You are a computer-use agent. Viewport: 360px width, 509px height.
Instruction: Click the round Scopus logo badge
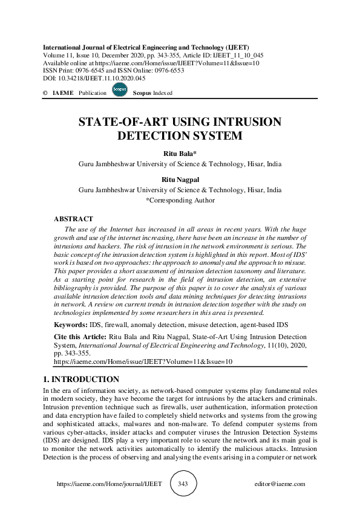click(119, 90)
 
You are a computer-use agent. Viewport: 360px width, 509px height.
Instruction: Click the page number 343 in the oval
click(184, 484)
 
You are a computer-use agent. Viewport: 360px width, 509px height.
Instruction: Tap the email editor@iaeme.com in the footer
click(280, 484)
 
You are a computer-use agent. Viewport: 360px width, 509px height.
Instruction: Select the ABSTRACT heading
click(73, 219)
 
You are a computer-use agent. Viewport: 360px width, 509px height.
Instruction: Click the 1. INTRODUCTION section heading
click(80, 380)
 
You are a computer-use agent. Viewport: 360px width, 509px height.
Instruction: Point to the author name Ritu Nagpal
click(180, 180)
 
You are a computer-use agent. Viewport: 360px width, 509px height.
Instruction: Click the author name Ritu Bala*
click(180, 154)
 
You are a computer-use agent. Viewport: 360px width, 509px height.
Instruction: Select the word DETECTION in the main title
click(150, 136)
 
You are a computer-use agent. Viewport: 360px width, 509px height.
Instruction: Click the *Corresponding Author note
click(180, 200)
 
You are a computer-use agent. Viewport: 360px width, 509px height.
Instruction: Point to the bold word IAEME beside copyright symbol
click(64, 93)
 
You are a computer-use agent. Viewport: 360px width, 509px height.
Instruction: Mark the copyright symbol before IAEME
click(45, 93)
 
